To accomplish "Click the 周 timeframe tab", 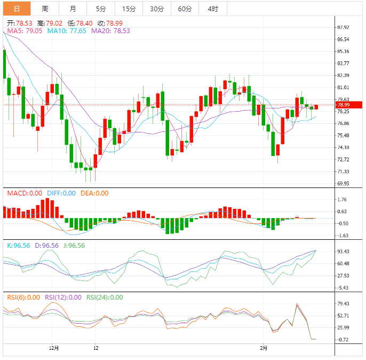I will [x=45, y=9].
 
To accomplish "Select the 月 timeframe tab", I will [x=73, y=9].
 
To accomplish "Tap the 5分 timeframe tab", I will [x=101, y=9].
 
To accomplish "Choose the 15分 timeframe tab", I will [x=129, y=9].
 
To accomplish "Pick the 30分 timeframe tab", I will [x=157, y=9].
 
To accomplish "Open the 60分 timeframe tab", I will [x=185, y=9].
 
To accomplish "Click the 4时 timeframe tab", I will [x=212, y=9].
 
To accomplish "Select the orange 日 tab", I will [x=17, y=9].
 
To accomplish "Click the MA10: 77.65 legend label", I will [x=67, y=31].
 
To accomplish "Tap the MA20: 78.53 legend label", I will [x=110, y=31].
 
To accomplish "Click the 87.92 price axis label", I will [x=343, y=27].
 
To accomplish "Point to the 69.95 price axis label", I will [x=343, y=183].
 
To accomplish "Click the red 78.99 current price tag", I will [x=343, y=105].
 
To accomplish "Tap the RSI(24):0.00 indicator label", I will [x=105, y=298].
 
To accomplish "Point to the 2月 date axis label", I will [x=264, y=347].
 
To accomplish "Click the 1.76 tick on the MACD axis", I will [x=343, y=200].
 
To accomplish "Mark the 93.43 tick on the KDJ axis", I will [x=343, y=252].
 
